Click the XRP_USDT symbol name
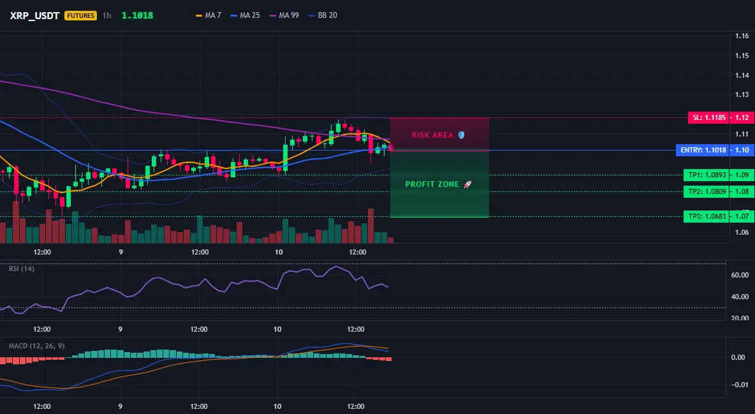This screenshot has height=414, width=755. [x=34, y=15]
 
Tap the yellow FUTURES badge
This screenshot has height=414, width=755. [x=80, y=15]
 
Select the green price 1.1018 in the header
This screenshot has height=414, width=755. [x=137, y=15]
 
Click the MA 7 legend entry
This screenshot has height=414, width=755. [x=209, y=15]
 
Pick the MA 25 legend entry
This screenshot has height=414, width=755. [x=246, y=15]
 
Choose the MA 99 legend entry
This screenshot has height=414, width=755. [x=284, y=15]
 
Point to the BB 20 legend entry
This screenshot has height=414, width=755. [x=323, y=15]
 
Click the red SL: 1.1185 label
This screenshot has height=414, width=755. [x=709, y=117]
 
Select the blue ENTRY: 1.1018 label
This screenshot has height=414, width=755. [x=703, y=150]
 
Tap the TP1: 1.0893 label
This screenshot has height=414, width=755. [x=707, y=175]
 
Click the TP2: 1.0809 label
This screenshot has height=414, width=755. [x=707, y=191]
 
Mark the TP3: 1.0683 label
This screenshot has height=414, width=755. [x=707, y=216]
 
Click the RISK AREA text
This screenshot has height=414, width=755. [x=432, y=135]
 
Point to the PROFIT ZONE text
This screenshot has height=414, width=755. [x=432, y=184]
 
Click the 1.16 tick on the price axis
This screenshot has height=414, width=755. [x=742, y=36]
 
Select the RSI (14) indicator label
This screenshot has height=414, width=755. [x=22, y=269]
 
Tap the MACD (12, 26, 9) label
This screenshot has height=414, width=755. [x=36, y=346]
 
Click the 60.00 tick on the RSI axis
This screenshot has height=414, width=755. [x=740, y=275]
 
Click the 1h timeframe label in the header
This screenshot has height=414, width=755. [x=107, y=15]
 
